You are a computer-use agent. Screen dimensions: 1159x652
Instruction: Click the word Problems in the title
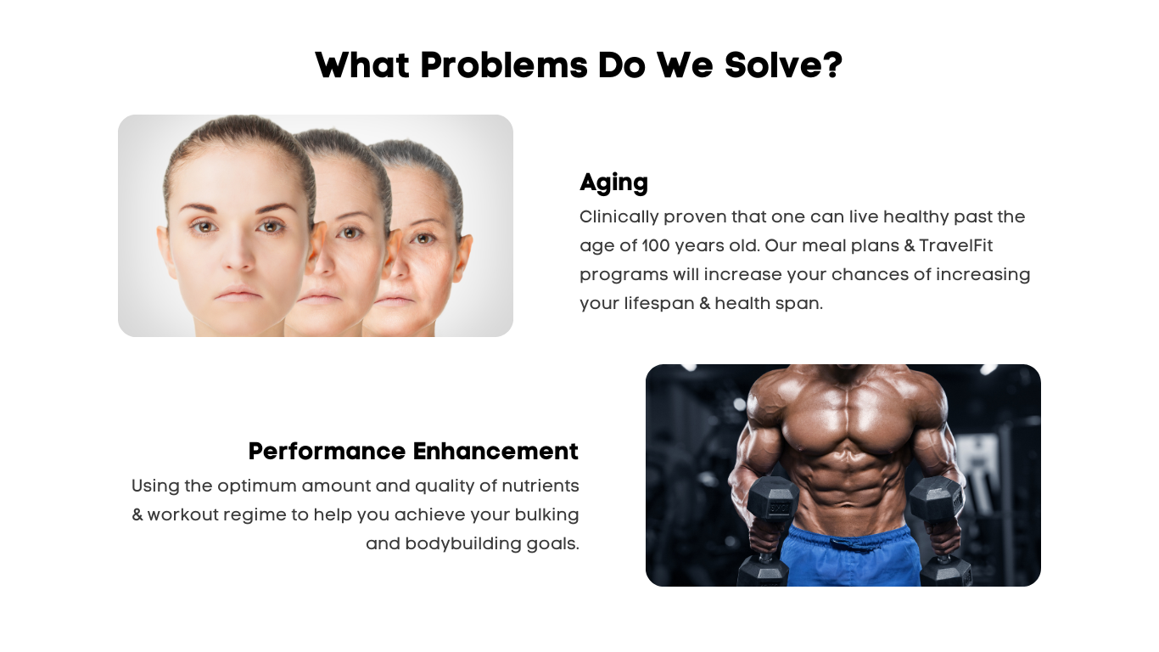click(x=503, y=65)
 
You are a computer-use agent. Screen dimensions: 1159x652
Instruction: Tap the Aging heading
click(x=613, y=183)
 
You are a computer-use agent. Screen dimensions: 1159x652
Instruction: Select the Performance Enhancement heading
click(x=413, y=451)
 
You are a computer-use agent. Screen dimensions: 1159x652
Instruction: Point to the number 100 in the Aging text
click(x=656, y=245)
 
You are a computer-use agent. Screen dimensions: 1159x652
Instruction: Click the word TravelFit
click(x=955, y=245)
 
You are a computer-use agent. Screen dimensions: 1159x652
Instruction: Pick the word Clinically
click(x=619, y=217)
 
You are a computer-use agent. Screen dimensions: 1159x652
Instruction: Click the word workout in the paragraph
click(x=183, y=514)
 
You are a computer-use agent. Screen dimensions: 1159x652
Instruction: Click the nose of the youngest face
click(x=239, y=253)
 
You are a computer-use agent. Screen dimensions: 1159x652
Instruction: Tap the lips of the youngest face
click(x=238, y=294)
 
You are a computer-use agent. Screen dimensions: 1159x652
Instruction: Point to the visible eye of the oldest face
click(x=424, y=239)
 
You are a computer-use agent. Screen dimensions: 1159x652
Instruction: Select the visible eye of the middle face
click(x=350, y=233)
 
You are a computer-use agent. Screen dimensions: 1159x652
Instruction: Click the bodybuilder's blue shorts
click(x=849, y=555)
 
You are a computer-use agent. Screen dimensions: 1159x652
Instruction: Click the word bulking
click(x=546, y=514)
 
